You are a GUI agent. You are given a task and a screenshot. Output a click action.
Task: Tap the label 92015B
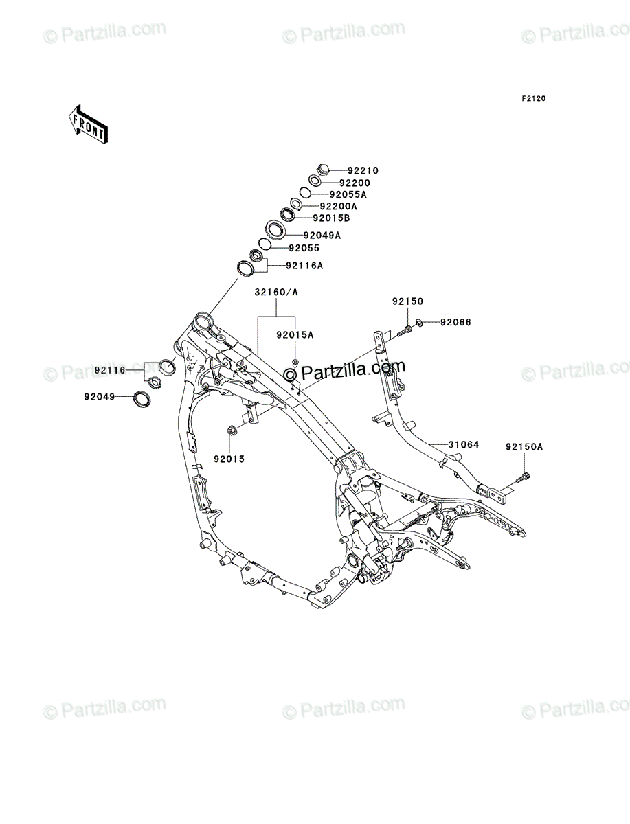coord(331,218)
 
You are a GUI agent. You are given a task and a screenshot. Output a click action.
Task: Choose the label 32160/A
coord(276,292)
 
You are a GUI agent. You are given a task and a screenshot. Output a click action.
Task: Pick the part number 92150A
coord(524,446)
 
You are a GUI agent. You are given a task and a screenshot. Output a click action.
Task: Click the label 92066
coord(455,322)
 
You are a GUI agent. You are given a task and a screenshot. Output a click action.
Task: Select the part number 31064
coord(464,444)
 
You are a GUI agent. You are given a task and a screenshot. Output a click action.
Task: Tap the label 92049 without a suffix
coord(100,396)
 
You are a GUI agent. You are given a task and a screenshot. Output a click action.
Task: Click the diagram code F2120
coord(532,99)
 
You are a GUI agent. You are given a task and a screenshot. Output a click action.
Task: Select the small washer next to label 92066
coord(420,322)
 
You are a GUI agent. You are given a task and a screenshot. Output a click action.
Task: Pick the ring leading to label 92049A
coord(278,229)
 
